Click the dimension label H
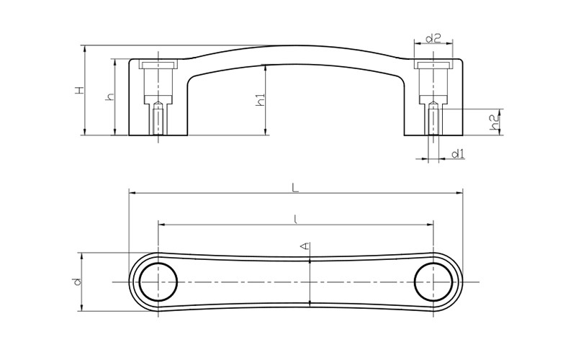[x=80, y=91]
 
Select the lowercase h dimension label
[x=110, y=96]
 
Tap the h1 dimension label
[x=261, y=100]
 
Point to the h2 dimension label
[x=495, y=122]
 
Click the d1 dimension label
[x=458, y=153]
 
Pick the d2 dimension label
[x=433, y=38]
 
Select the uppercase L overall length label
[x=295, y=188]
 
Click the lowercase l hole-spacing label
[x=296, y=220]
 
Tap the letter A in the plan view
[x=305, y=246]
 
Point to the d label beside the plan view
[x=77, y=282]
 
